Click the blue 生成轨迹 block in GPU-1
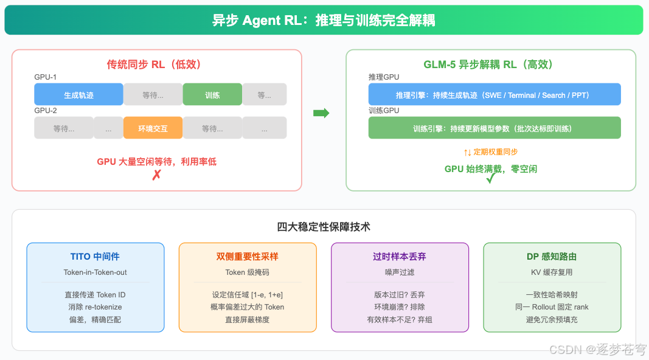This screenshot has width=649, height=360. [x=78, y=95]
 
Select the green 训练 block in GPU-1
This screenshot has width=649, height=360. [x=212, y=95]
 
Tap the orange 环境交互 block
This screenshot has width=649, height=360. [x=153, y=128]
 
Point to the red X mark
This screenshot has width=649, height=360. [x=156, y=175]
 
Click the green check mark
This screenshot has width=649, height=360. [x=491, y=178]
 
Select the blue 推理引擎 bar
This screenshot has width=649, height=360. [x=494, y=95]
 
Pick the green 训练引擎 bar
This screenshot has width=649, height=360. [x=494, y=128]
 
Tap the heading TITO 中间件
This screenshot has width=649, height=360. [x=95, y=257]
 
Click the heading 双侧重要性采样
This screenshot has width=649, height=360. [x=247, y=257]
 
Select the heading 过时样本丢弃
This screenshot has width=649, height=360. [x=400, y=257]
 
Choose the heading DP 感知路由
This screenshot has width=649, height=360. [x=552, y=257]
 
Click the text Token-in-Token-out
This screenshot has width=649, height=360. [x=95, y=272]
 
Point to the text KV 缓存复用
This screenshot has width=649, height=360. [x=552, y=272]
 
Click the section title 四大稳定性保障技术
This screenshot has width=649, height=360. [x=324, y=227]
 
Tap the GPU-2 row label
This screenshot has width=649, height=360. [x=46, y=111]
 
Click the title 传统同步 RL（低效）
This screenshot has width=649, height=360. [x=156, y=64]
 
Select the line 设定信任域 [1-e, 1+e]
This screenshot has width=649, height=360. [x=247, y=295]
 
